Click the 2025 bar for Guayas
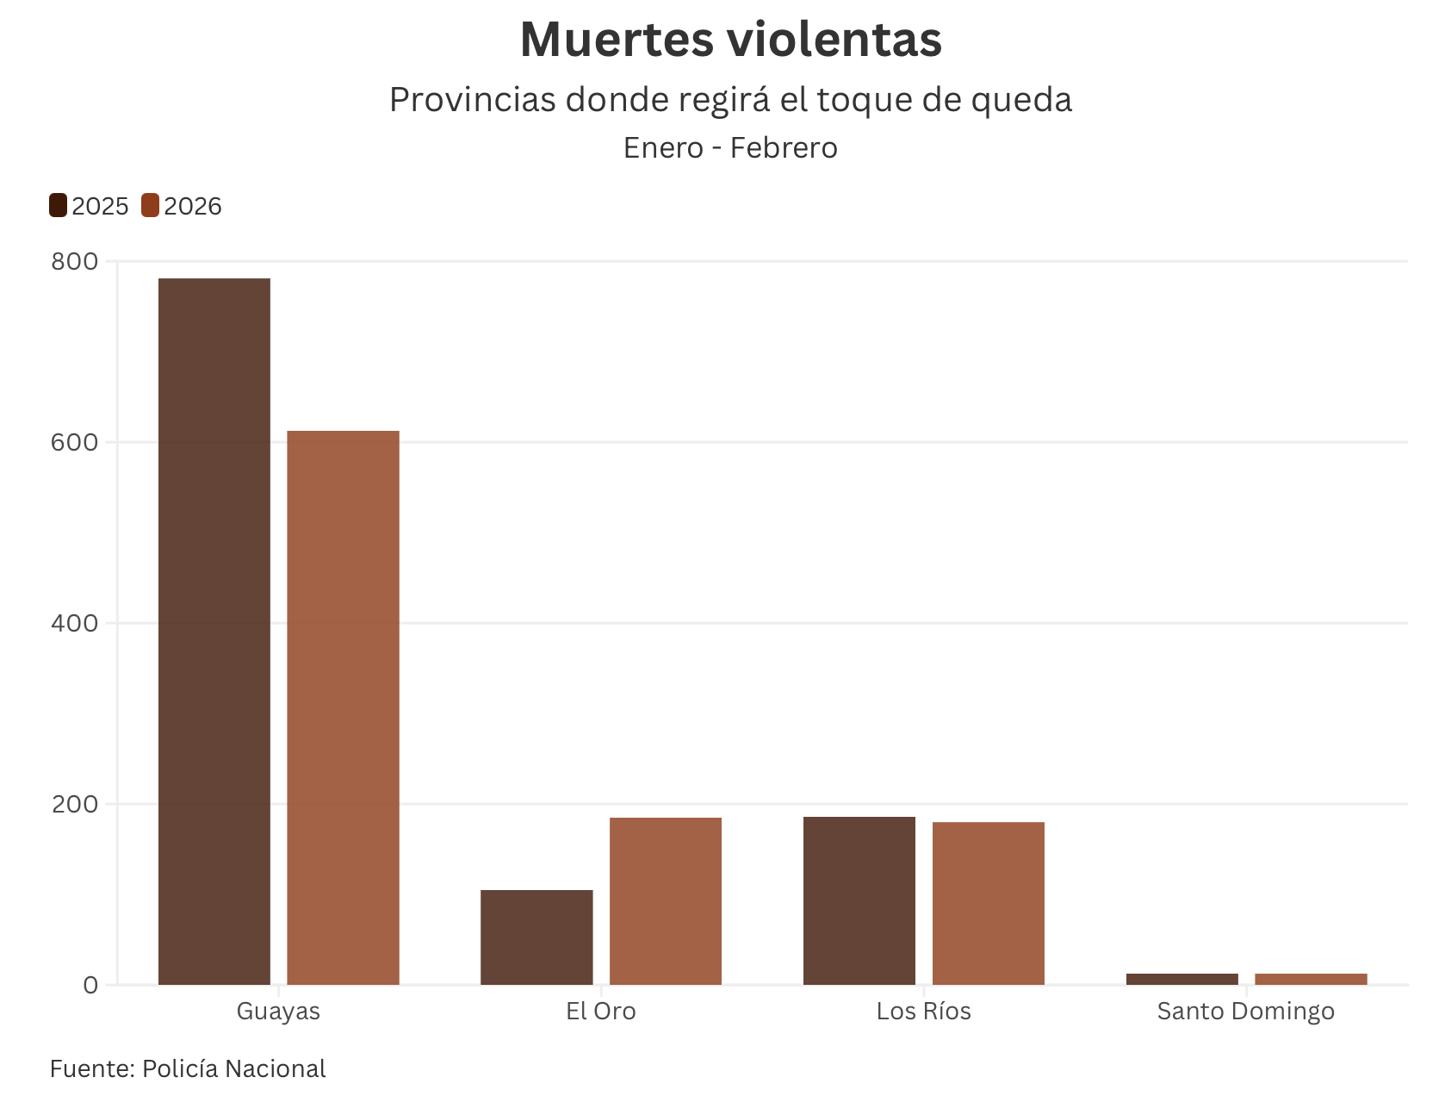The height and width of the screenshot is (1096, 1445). point(214,631)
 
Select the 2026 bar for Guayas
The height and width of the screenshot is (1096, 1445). point(343,707)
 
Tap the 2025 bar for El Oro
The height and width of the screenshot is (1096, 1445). point(536,937)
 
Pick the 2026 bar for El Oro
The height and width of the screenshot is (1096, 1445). point(666,900)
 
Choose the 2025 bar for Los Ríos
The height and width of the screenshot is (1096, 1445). point(859,900)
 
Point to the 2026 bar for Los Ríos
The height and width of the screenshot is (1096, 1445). point(989,903)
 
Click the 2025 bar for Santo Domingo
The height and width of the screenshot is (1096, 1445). point(1182,979)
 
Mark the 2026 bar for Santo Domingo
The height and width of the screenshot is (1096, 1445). point(1311,979)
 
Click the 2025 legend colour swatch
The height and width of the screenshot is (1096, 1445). point(59,206)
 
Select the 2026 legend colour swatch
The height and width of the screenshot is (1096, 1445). point(151,206)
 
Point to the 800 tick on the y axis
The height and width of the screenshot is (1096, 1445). point(75,261)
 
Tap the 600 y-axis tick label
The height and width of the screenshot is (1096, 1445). point(75,442)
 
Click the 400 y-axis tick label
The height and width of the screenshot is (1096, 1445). point(75,623)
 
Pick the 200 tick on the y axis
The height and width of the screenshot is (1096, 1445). point(75,804)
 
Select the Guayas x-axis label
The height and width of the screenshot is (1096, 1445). point(278,1011)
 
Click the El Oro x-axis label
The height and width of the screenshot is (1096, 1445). point(601,1011)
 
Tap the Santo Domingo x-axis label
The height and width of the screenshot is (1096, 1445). point(1246,1011)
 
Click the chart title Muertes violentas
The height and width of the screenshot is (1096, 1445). point(730,40)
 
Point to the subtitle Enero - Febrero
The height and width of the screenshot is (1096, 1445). point(730,148)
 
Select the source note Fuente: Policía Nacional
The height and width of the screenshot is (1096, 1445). point(188,1068)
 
